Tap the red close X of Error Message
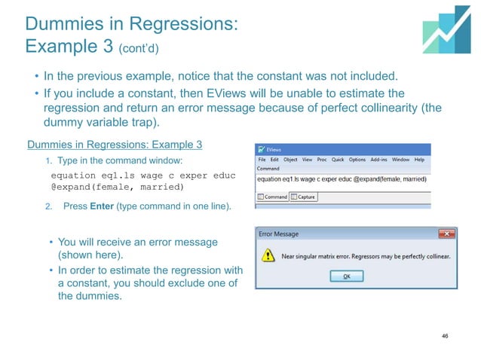(448, 234)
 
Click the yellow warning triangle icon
(267, 256)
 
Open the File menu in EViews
(262, 160)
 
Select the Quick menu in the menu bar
(338, 160)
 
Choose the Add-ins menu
(379, 160)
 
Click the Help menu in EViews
(419, 160)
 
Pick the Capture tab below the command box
(304, 197)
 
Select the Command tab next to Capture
(273, 197)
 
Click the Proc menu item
(321, 160)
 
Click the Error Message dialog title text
(279, 234)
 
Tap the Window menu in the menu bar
(401, 160)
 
